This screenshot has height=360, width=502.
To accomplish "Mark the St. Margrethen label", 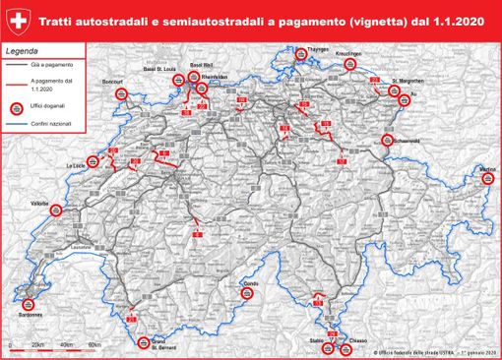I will point(407,80).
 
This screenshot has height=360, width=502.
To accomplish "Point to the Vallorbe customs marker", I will point(40,204).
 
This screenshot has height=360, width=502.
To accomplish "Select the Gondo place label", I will point(251,282).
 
